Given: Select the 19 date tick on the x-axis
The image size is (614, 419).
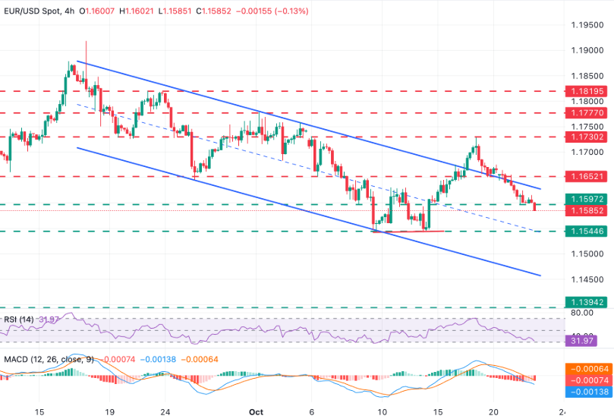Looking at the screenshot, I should tap(109, 411).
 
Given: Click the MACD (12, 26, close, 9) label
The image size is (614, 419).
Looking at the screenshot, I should tap(48, 358).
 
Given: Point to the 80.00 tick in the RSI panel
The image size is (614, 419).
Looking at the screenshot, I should tap(583, 312).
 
